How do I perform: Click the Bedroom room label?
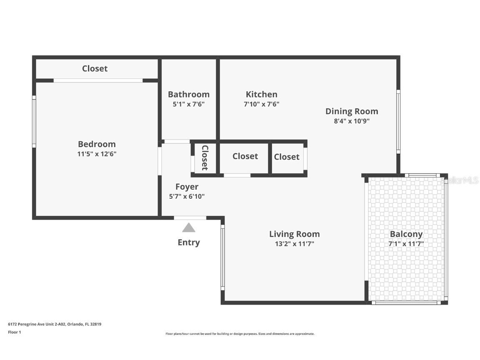point(97,144)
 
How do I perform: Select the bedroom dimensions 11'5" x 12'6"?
point(97,154)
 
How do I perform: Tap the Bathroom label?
point(188,95)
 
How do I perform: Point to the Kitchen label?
point(261,95)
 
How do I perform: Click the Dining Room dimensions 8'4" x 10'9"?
point(351,121)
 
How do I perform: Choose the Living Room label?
point(294,234)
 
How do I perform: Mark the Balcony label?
point(406,234)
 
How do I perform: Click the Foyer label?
point(187,187)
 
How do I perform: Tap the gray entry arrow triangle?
point(189,227)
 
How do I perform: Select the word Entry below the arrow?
point(189,242)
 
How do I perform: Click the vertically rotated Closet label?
point(205,157)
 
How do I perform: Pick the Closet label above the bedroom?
point(95,69)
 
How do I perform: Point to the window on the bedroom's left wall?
point(34,121)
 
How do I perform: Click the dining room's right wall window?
point(398,121)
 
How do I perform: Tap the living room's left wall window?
point(222,257)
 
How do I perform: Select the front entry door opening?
point(190,217)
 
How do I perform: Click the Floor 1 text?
point(14,332)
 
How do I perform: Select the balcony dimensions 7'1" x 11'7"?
point(406,244)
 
